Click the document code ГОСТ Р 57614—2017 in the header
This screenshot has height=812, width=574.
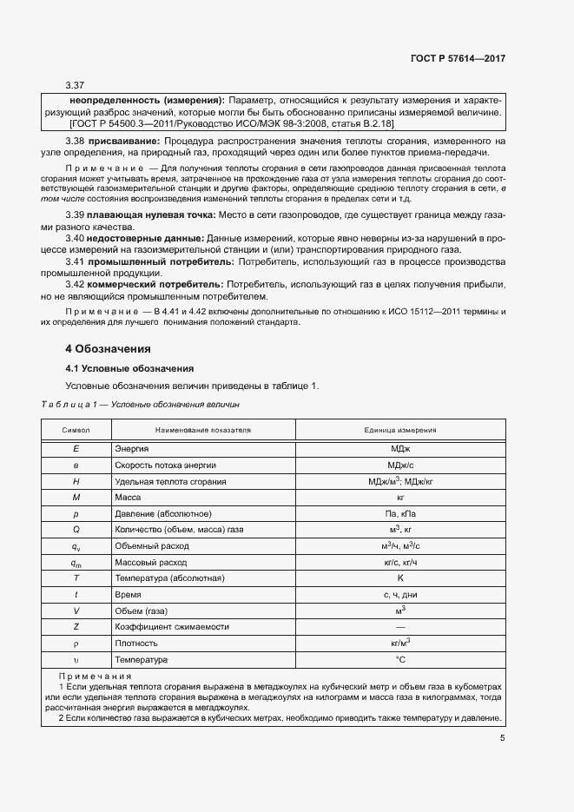pyautogui.click(x=457, y=58)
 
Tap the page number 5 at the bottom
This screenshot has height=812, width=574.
pyautogui.click(x=502, y=739)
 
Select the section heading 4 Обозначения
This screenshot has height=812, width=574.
pyautogui.click(x=109, y=348)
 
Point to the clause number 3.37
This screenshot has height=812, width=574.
pyautogui.click(x=75, y=85)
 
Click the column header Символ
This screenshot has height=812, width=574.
pyautogui.click(x=76, y=430)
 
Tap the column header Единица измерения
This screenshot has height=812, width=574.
pyautogui.click(x=400, y=430)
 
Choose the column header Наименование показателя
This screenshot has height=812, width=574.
pyautogui.click(x=202, y=430)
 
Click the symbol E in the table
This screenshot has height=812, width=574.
pyautogui.click(x=76, y=448)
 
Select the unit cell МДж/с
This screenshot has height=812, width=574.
pyautogui.click(x=400, y=465)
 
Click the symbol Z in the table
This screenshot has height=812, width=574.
pyautogui.click(x=76, y=626)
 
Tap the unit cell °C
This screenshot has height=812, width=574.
pyautogui.click(x=400, y=660)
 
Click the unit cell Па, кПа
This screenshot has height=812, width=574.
pyautogui.click(x=400, y=513)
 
